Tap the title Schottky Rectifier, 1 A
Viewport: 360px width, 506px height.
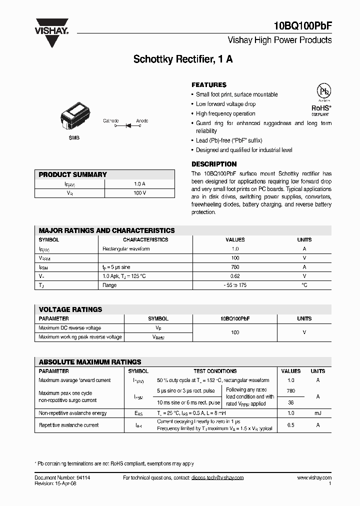[x=182, y=59]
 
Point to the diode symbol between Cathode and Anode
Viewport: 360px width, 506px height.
[x=127, y=126]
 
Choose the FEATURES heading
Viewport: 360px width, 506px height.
[x=209, y=85]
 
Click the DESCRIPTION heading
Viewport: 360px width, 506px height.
[x=214, y=164]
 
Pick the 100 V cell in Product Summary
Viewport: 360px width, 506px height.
[x=140, y=193]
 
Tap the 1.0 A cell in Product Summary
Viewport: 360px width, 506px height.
[x=140, y=184]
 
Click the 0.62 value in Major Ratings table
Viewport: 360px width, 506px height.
[x=235, y=276]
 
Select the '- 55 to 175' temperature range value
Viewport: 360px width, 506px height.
[x=235, y=285]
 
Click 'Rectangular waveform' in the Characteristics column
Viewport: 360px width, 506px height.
[x=126, y=249]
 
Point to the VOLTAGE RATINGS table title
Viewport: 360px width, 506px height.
[x=70, y=309]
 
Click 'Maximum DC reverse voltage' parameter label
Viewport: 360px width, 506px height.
[x=70, y=328]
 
